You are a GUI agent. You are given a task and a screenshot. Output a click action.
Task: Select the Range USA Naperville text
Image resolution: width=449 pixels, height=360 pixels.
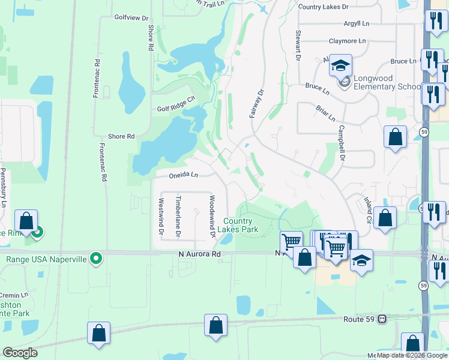46,259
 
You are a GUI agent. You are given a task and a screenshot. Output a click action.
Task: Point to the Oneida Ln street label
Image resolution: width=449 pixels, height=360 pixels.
183,175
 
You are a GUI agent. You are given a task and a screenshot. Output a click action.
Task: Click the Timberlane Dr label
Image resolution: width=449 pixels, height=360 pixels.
178,215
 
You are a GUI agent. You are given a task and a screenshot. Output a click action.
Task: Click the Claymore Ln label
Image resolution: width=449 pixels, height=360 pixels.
347,41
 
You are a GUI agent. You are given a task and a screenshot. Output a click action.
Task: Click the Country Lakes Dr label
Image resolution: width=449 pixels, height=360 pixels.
323,7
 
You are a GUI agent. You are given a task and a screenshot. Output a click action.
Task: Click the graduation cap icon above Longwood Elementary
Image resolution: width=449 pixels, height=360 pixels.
340,65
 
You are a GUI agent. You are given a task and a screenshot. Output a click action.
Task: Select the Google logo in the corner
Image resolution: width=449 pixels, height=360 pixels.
20,353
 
